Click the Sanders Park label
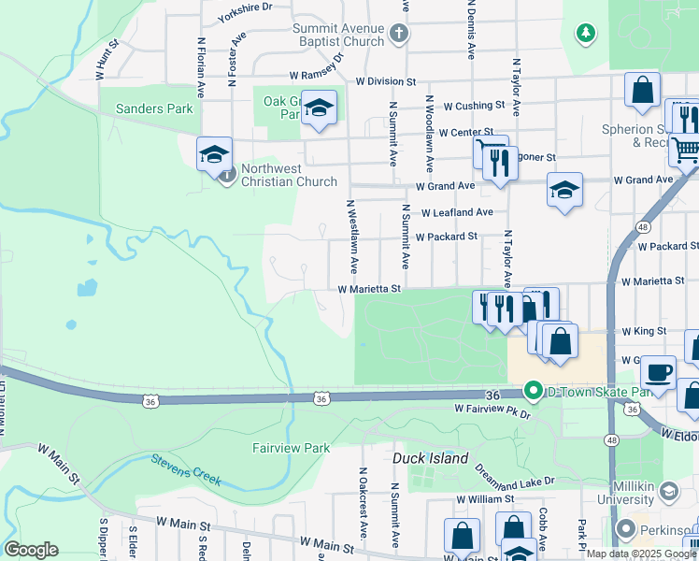click(x=154, y=108)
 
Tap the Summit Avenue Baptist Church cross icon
click(x=398, y=36)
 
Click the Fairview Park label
click(x=292, y=448)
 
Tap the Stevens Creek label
click(x=186, y=469)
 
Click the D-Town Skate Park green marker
click(x=533, y=390)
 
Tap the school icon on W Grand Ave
click(x=564, y=191)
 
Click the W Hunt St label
click(x=105, y=57)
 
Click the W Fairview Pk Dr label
click(x=492, y=409)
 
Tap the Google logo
click(x=31, y=550)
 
